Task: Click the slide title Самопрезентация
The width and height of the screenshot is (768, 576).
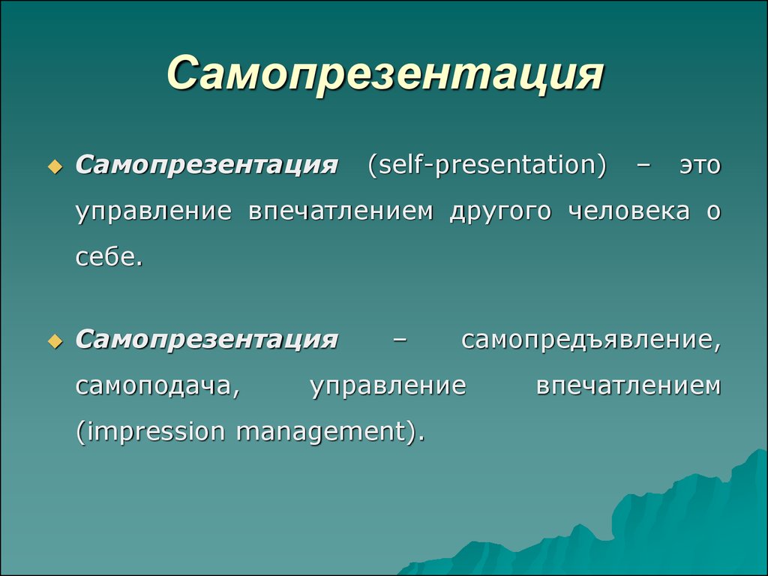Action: click(x=385, y=74)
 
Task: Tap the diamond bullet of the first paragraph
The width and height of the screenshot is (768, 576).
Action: click(x=55, y=167)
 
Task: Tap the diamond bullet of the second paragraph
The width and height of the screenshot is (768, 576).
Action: click(x=55, y=341)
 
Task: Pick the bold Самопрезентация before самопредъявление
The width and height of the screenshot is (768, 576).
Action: click(x=207, y=340)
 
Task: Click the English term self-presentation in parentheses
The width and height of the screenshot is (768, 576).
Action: click(x=487, y=165)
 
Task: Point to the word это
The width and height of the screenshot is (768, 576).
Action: click(x=700, y=166)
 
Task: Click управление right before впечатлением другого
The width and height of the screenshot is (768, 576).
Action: click(x=154, y=211)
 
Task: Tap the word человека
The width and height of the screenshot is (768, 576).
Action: click(x=629, y=211)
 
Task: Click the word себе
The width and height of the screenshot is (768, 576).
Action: click(x=109, y=256)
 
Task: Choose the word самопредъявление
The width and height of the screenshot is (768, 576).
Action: click(x=591, y=340)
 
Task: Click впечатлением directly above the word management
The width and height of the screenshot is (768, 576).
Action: click(x=629, y=386)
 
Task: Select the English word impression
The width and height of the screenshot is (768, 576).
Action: click(x=150, y=432)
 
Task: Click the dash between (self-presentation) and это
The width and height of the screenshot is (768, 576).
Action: click(x=643, y=166)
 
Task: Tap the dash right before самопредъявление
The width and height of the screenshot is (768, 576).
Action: click(x=400, y=340)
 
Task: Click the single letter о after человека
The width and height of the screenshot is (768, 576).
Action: click(x=714, y=211)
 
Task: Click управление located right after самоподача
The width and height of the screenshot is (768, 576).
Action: click(x=388, y=386)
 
